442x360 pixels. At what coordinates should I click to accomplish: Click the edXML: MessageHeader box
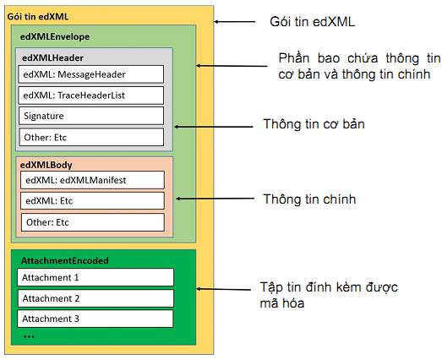[91, 74]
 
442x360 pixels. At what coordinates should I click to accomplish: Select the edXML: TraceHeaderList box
[91, 95]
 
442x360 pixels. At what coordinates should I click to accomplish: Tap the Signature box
[91, 116]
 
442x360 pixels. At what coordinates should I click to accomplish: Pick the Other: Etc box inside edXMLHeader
[91, 137]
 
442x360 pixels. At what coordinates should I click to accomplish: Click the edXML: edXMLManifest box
[92, 180]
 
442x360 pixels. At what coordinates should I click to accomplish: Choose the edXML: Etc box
[92, 201]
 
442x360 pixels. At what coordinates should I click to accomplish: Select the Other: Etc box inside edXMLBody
[93, 222]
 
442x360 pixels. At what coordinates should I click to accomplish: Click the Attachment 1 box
[95, 277]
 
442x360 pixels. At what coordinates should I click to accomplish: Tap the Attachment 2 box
[95, 298]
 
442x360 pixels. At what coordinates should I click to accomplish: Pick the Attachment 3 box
[95, 319]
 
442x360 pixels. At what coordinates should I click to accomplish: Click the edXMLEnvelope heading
[55, 36]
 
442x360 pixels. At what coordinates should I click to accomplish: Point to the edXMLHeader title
[52, 57]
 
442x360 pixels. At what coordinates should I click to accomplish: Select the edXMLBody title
[46, 165]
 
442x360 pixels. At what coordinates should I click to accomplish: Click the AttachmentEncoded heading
[65, 260]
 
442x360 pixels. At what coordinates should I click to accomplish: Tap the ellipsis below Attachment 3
[29, 336]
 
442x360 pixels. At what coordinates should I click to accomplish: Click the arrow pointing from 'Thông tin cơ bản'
[213, 127]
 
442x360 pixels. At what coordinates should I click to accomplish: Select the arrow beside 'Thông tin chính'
[215, 199]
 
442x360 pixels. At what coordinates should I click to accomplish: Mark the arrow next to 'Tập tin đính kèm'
[224, 289]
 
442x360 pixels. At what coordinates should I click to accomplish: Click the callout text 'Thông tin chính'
[309, 199]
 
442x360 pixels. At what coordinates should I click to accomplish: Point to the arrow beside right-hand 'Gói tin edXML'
[235, 21]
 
